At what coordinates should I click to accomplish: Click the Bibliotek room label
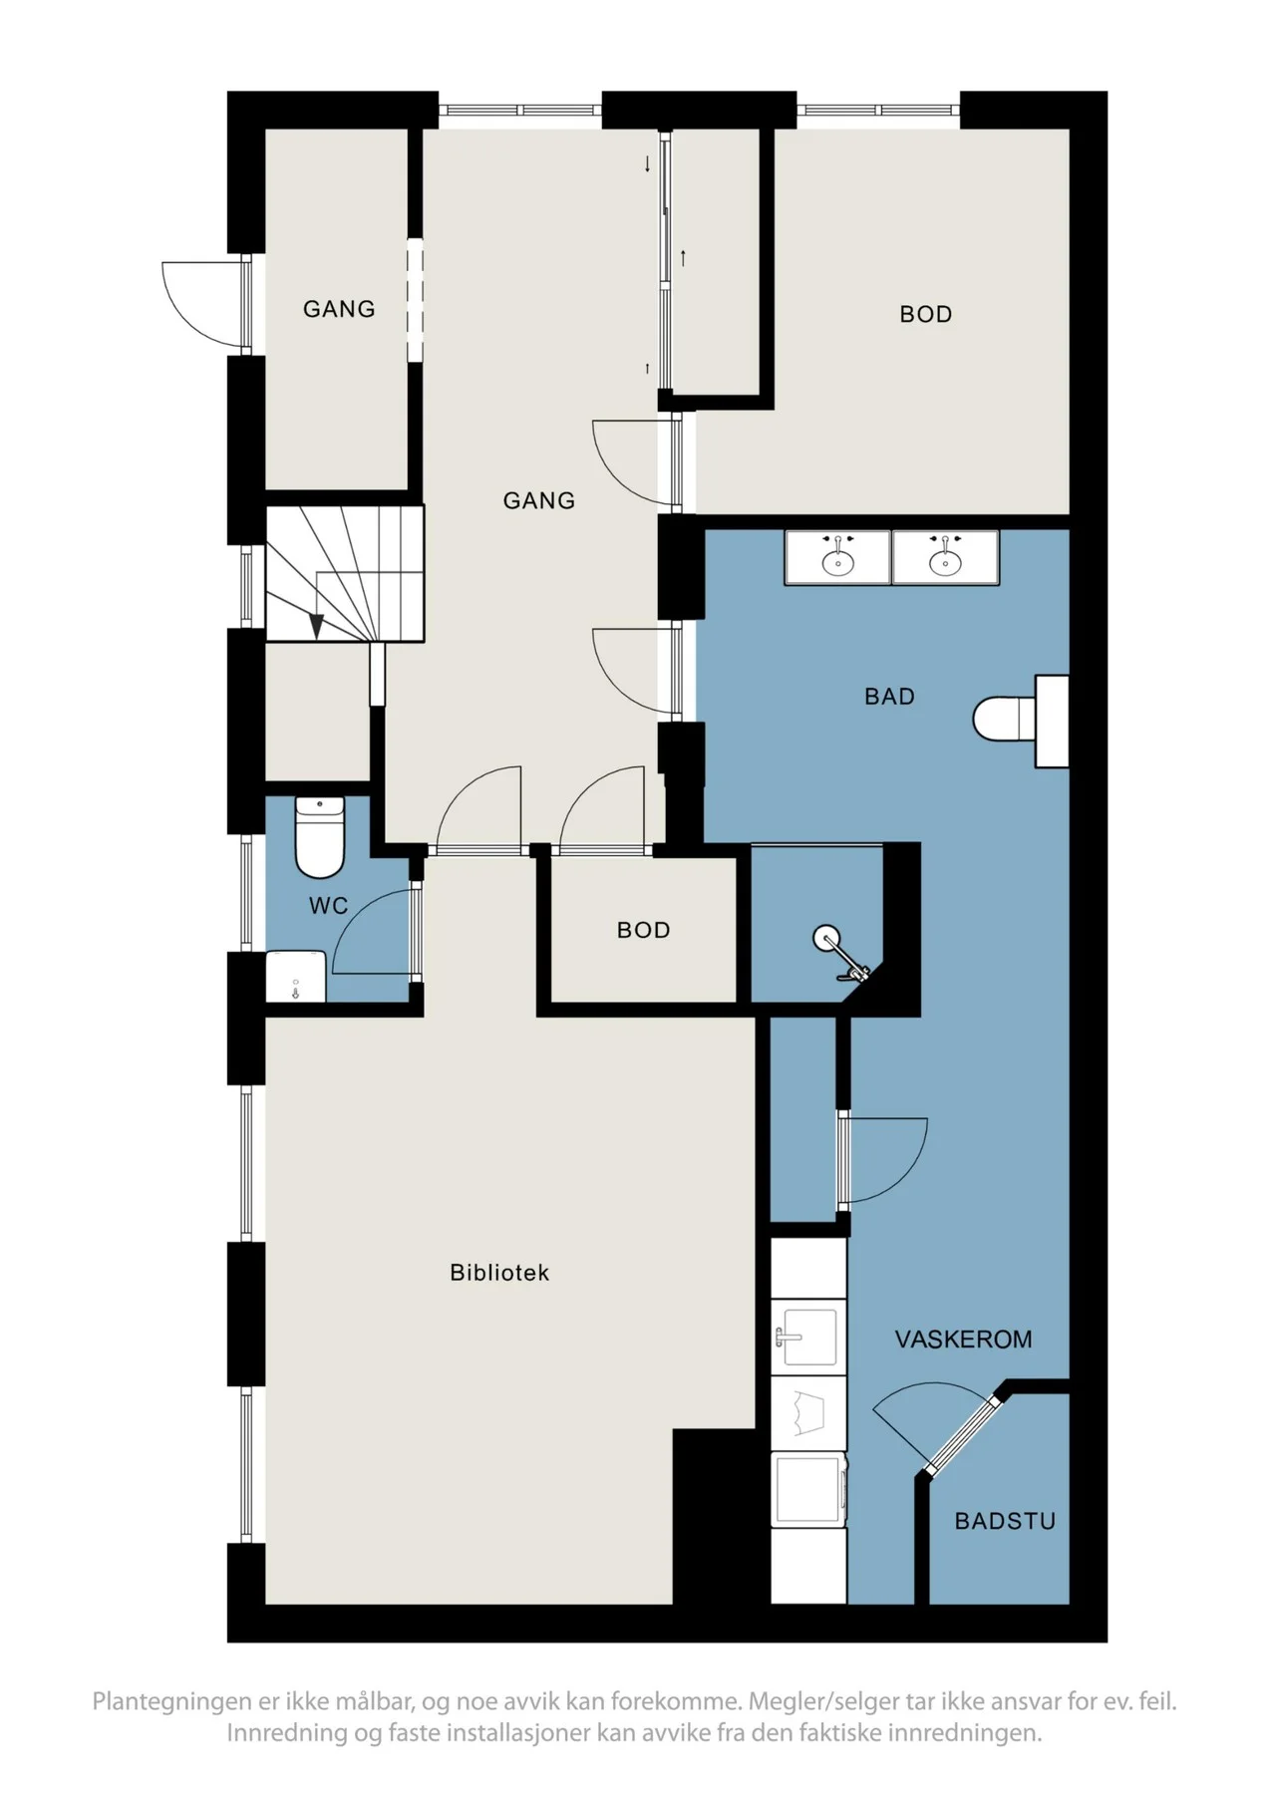499,1273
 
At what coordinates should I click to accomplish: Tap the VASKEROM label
963,1340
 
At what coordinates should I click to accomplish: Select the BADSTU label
1005,1521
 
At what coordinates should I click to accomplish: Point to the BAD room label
889,697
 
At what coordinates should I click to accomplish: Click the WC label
328,905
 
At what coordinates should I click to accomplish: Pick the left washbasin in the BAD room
837,557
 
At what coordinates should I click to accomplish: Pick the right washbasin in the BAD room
945,557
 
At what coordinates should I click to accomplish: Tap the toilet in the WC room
320,837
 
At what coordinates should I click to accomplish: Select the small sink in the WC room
296,977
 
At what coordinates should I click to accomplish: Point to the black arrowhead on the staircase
316,626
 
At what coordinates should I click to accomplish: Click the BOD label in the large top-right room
926,315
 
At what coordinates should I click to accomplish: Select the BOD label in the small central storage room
643,930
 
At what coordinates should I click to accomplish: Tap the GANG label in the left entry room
339,309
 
